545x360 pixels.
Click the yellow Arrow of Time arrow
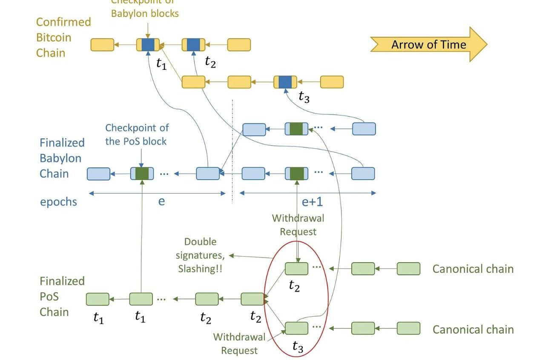click(x=428, y=44)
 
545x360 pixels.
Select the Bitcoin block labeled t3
click(x=285, y=82)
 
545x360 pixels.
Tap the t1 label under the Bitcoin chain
click(x=161, y=64)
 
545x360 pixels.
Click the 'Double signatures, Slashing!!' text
click(x=201, y=255)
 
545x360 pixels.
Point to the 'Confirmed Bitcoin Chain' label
click(x=63, y=37)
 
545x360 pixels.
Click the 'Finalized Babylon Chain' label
click(x=62, y=158)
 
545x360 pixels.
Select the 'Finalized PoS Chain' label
click(x=62, y=297)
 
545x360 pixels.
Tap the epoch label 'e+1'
click(x=312, y=202)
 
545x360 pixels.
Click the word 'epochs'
click(x=58, y=202)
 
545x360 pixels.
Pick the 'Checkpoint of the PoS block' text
click(x=137, y=134)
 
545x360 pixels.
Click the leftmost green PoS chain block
click(x=98, y=299)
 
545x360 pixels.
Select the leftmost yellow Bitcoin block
click(x=103, y=45)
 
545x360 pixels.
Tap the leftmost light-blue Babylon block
click(x=98, y=174)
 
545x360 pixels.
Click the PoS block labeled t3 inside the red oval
click(x=296, y=328)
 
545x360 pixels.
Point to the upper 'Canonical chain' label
click(x=473, y=269)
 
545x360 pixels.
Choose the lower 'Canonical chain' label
click(x=473, y=329)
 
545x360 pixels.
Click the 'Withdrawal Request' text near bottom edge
click(x=239, y=344)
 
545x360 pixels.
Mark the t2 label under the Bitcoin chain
click(x=210, y=62)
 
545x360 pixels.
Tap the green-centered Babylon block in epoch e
click(x=142, y=174)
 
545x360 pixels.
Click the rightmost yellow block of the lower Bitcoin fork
click(x=332, y=82)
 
